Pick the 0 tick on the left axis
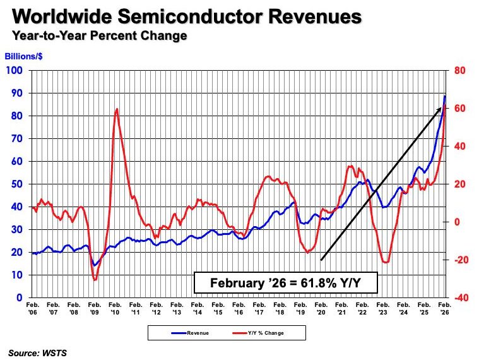(20, 297)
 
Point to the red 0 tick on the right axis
(456, 222)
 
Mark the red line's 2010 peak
(117, 109)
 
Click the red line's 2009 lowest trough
(95, 279)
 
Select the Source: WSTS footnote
(37, 353)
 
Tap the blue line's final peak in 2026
(445, 95)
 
